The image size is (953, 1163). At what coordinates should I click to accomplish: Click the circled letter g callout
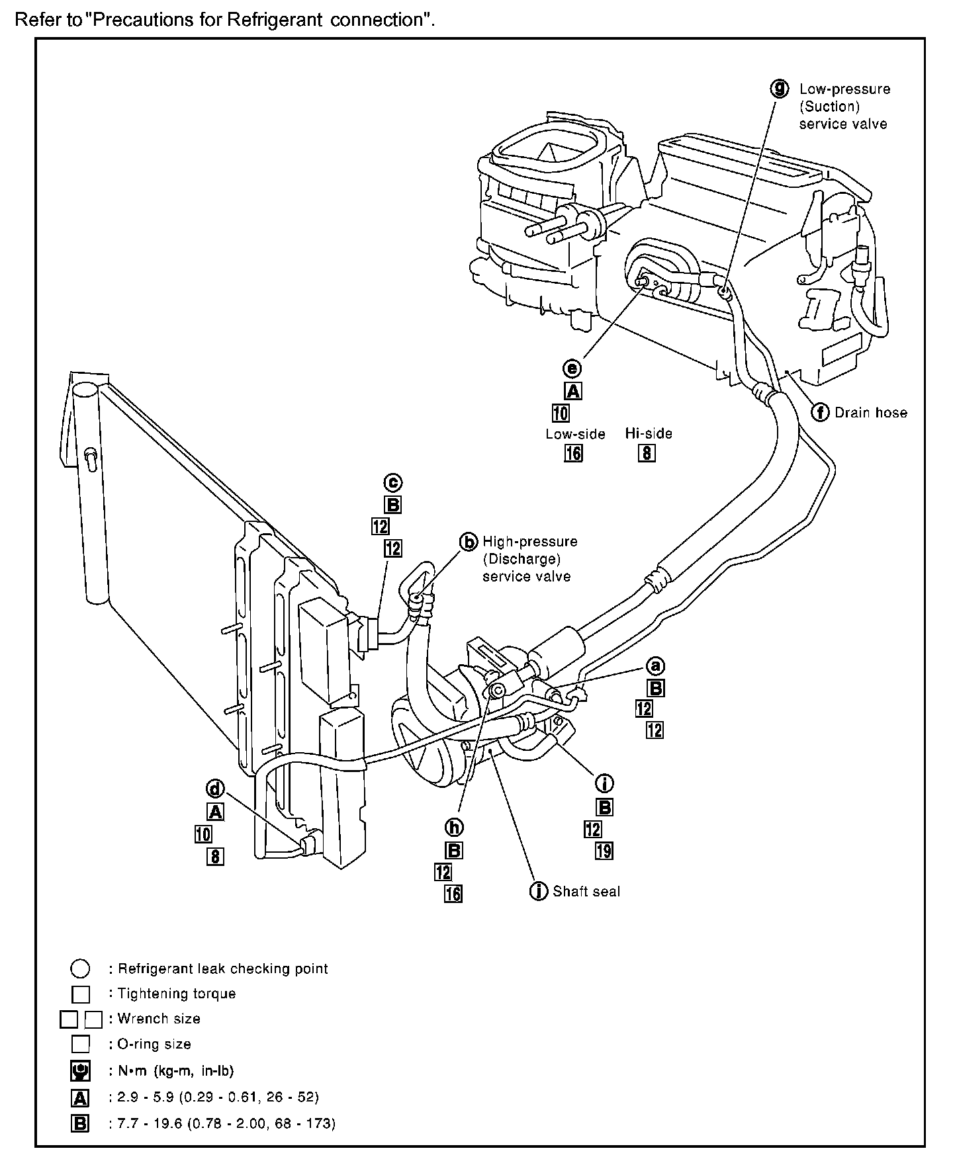(781, 88)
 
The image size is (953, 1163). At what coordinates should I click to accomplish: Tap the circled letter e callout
(572, 368)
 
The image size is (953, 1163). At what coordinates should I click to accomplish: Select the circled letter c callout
(393, 483)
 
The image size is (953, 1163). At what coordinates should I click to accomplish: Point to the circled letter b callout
(469, 542)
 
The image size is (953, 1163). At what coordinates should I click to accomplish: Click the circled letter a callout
(655, 666)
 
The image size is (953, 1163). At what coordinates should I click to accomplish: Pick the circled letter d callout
(215, 789)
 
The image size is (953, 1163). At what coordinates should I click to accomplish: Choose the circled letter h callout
(454, 827)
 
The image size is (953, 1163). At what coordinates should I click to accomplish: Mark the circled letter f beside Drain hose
(820, 412)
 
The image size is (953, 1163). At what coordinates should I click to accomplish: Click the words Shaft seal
(586, 892)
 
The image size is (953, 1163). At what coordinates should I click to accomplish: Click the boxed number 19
(604, 851)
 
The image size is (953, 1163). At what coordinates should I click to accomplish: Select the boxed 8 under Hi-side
(647, 453)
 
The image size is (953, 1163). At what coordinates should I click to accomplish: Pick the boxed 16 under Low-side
(573, 453)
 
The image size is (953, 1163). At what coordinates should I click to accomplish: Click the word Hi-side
(649, 434)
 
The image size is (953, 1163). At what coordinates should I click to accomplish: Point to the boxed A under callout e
(573, 391)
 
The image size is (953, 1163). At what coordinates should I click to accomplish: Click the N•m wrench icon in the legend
(80, 1071)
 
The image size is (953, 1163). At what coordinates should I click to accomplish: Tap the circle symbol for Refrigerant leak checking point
(80, 969)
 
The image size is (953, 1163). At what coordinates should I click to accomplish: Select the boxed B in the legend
(80, 1123)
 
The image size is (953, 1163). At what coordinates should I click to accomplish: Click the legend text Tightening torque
(176, 994)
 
